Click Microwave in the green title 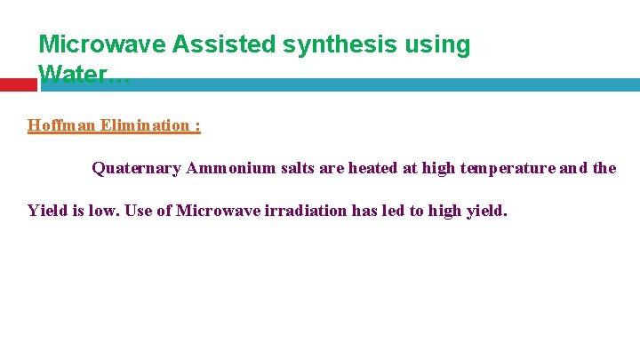[92, 44]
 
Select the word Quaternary [137, 168]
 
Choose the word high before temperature [440, 168]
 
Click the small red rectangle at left [18, 84]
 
